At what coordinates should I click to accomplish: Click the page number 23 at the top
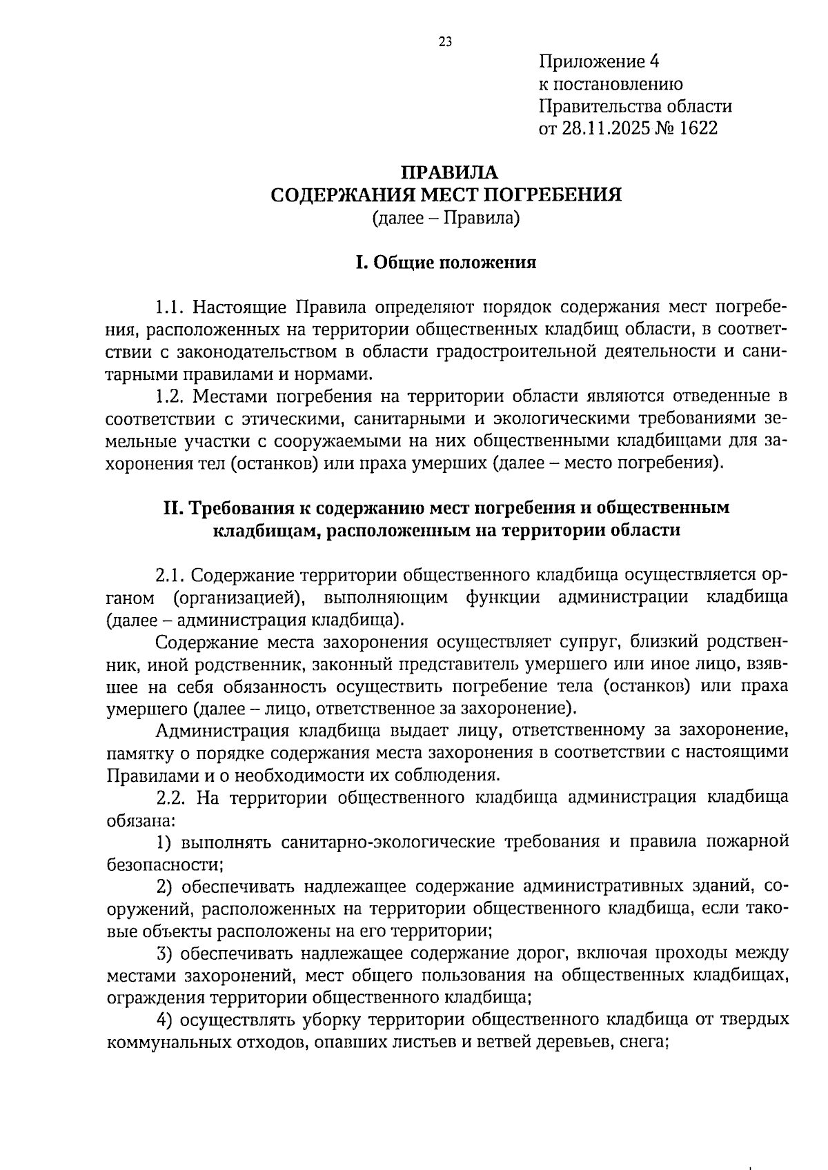[445, 42]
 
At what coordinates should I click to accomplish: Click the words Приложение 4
[599, 62]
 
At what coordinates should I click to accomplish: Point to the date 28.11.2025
[607, 128]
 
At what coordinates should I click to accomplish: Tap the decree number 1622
[698, 128]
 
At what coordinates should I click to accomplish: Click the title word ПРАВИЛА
[448, 172]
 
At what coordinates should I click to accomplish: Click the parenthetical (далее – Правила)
[445, 219]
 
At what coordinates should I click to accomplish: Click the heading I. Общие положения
[445, 263]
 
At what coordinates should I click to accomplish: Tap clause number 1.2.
[169, 396]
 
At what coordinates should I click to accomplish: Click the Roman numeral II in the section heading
[172, 508]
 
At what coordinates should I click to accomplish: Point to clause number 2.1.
[169, 575]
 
